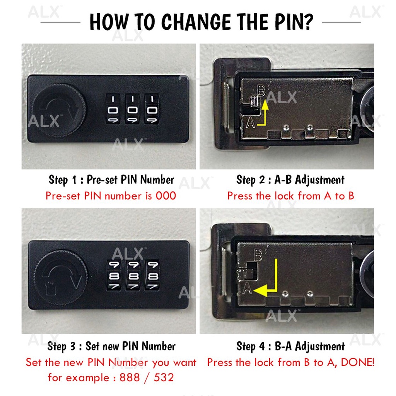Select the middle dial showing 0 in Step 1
coord(133,109)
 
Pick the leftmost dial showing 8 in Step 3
coord(114,275)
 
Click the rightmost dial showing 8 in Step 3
coord(152,275)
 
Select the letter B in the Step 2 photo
coord(261,90)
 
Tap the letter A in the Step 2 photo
coord(251,123)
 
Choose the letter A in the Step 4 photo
coord(247,288)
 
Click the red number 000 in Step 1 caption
coord(166,196)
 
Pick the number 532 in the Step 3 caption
coord(164,377)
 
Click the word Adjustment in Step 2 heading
coord(319,180)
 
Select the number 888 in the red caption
coord(130,377)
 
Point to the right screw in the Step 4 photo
coord(310,294)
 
